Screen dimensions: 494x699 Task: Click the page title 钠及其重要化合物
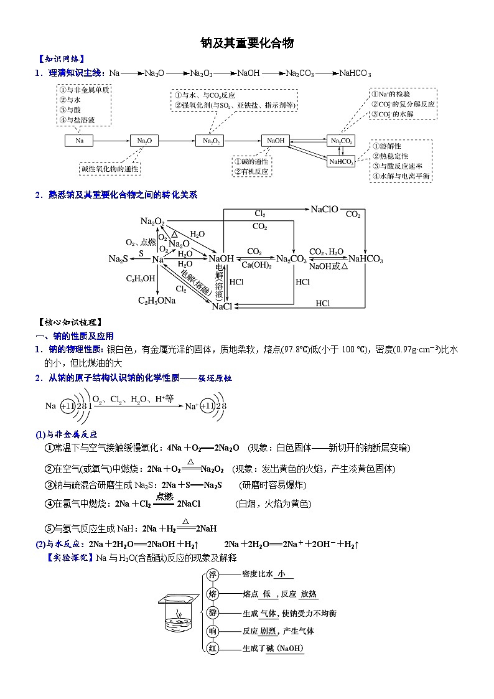246,43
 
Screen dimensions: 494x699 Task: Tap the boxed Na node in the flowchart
79,141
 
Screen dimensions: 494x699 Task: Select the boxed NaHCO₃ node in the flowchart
342,161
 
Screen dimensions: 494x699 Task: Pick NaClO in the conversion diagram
324,210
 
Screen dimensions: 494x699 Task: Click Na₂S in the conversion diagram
118,259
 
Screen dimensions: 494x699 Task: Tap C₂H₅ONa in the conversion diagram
157,301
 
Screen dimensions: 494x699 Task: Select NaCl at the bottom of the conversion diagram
221,307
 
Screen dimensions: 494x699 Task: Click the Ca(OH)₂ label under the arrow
254,265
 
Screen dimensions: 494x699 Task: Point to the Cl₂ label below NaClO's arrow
260,213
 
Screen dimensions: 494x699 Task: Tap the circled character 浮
212,575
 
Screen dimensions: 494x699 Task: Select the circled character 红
212,649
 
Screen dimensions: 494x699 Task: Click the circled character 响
212,631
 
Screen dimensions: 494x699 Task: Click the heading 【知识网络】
60,59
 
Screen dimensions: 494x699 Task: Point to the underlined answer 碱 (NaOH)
285,649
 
